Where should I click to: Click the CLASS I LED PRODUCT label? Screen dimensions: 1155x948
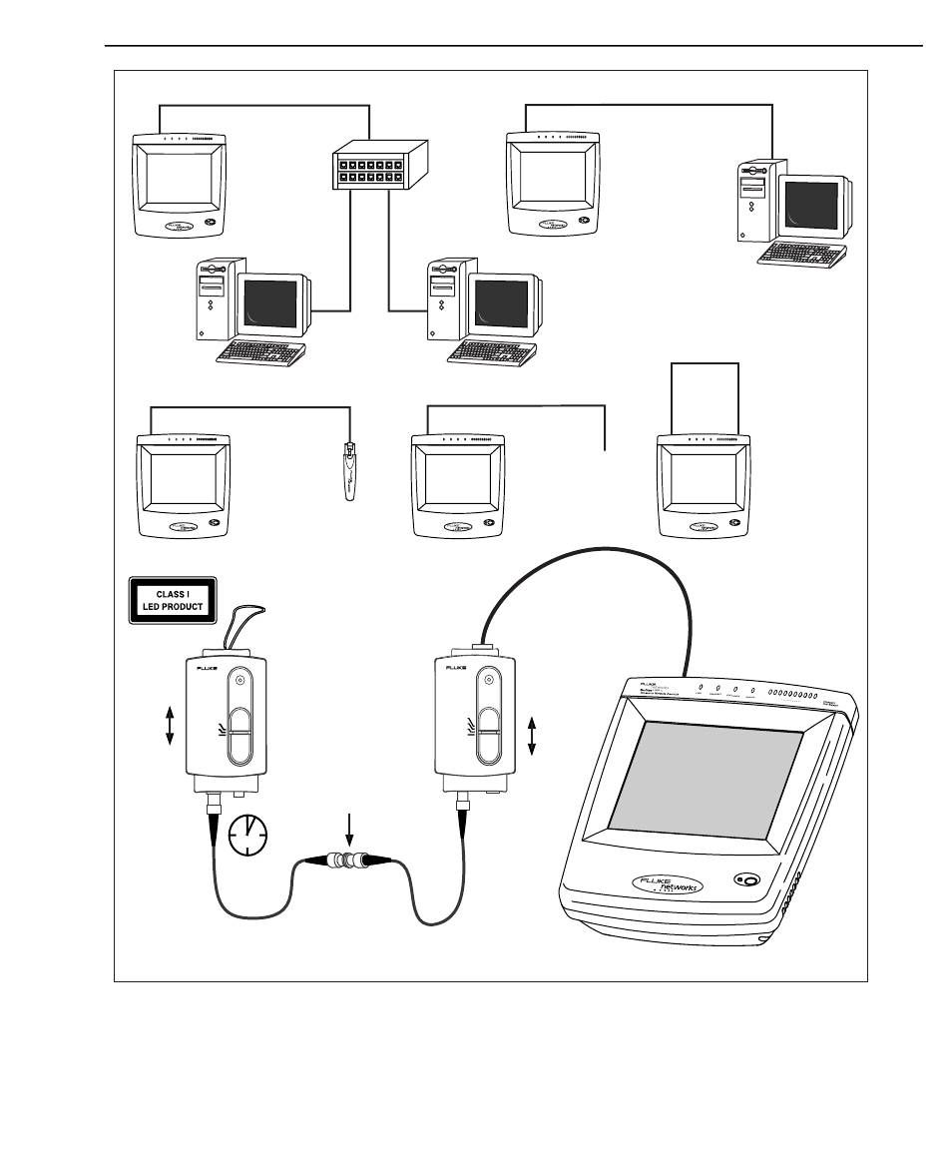(x=172, y=599)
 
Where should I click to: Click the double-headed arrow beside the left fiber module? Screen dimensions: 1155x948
(x=170, y=725)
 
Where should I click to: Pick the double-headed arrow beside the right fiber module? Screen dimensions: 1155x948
(x=531, y=735)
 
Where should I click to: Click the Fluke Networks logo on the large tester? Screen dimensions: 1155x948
(x=668, y=884)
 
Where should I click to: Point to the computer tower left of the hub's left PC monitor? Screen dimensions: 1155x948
(x=216, y=299)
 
